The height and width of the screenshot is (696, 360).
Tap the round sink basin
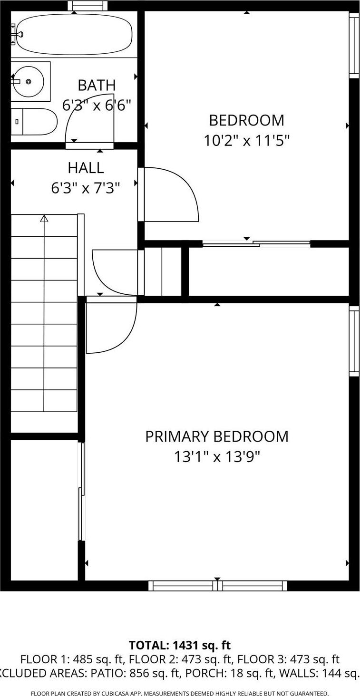(x=29, y=82)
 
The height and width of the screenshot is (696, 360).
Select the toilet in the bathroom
(x=33, y=122)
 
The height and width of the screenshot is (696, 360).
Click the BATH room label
(x=97, y=86)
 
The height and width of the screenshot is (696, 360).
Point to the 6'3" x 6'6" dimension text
(x=97, y=105)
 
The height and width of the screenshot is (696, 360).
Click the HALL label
(x=86, y=168)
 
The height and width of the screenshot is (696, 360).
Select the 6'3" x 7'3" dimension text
(x=86, y=188)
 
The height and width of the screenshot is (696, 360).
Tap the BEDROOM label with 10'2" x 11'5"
(x=246, y=120)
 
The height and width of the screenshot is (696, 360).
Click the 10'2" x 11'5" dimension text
(x=246, y=141)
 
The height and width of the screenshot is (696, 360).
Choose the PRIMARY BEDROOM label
(x=217, y=436)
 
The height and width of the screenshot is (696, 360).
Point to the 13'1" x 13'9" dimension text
(x=217, y=457)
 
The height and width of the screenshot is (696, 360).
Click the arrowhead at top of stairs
(x=44, y=219)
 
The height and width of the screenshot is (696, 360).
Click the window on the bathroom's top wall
(x=88, y=6)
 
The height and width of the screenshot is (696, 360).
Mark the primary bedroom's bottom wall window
(x=217, y=586)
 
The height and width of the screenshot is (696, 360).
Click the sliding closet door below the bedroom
(x=257, y=244)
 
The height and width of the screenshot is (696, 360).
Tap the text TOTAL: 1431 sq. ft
(x=180, y=645)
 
